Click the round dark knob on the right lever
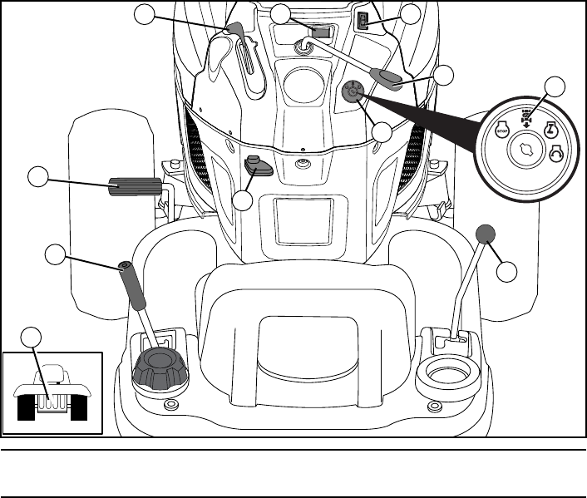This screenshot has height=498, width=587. tap(486, 234)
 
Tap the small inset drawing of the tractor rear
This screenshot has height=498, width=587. tap(52, 395)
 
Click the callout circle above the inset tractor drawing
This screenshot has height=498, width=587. tap(31, 337)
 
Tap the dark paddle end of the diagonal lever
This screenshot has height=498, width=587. tap(387, 78)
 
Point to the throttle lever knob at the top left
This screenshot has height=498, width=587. tap(234, 32)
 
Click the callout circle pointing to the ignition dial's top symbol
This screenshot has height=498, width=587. tap(555, 86)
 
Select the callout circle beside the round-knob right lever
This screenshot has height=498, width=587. tap(507, 271)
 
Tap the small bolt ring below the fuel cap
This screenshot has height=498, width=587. tap(170, 405)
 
